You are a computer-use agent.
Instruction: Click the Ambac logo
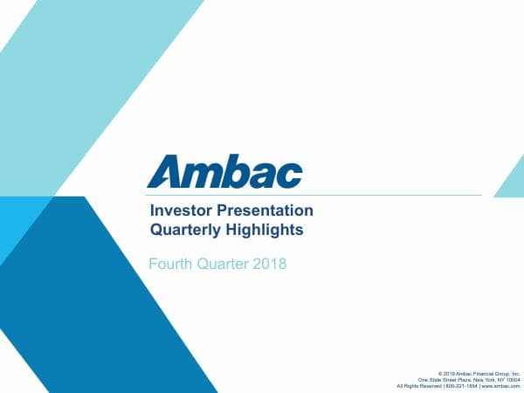pos(224,171)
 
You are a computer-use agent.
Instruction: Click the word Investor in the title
pos(177,211)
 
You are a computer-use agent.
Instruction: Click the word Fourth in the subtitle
pos(171,263)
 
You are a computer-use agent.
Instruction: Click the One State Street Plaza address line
pos(469,379)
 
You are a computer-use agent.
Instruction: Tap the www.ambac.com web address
pos(500,386)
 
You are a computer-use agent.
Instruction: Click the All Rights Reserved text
pos(419,386)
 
